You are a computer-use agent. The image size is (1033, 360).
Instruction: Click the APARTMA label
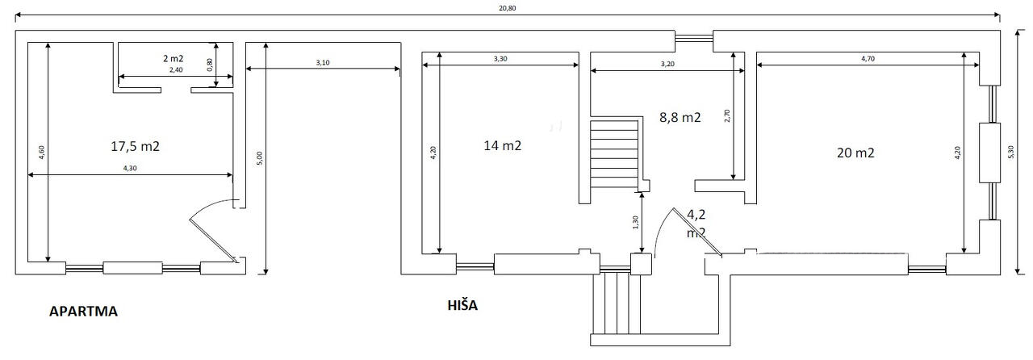click(x=83, y=312)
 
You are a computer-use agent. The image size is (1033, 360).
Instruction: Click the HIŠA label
click(x=462, y=306)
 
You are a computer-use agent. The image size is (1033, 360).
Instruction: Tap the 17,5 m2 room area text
click(x=135, y=146)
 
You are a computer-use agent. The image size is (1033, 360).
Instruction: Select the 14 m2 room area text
click(x=503, y=146)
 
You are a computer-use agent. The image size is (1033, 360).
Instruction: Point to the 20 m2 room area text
click(x=855, y=153)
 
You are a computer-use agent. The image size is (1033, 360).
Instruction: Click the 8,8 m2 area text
click(x=680, y=118)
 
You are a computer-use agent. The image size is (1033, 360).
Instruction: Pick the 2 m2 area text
click(x=174, y=59)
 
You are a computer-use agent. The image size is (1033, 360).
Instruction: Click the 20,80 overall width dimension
click(x=508, y=8)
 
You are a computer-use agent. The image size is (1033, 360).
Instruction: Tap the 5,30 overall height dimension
click(x=1011, y=153)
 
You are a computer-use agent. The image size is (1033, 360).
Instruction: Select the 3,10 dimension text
click(x=323, y=63)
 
